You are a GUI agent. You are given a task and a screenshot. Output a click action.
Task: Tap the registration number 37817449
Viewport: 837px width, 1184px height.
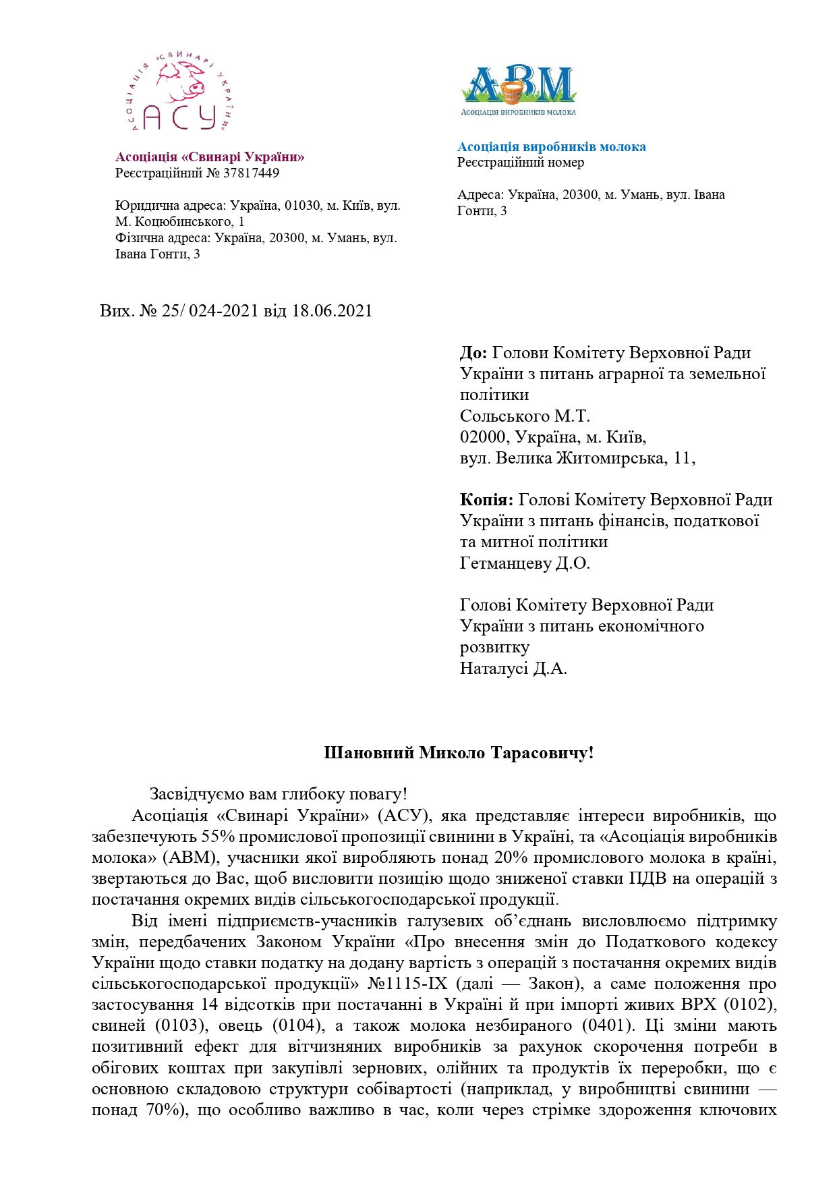(x=251, y=173)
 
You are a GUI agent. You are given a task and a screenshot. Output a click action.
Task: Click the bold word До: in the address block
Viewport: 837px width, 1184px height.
(x=473, y=353)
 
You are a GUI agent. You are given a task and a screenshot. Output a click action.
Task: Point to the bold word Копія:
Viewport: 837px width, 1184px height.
(x=486, y=500)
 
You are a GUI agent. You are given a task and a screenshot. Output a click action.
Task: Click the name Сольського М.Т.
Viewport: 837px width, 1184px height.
(x=525, y=416)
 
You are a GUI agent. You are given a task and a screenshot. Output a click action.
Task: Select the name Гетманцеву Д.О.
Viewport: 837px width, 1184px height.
(x=525, y=563)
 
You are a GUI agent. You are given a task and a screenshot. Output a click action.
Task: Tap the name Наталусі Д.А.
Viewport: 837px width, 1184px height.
(x=513, y=669)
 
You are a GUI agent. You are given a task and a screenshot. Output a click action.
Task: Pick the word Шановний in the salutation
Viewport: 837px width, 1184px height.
(x=369, y=753)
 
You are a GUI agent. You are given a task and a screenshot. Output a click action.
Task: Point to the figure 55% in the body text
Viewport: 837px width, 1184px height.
(x=216, y=837)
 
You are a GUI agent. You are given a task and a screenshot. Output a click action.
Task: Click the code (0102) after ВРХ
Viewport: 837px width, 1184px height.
(x=750, y=1005)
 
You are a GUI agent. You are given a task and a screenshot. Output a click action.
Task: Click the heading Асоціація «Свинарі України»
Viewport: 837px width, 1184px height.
(x=210, y=157)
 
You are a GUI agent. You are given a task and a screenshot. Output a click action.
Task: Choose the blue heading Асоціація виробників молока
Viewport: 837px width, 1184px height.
(x=551, y=147)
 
